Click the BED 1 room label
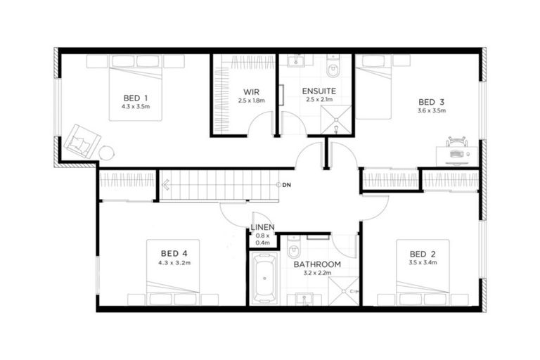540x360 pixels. tap(136, 97)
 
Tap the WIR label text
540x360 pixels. tap(252, 92)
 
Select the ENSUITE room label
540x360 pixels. tap(319, 91)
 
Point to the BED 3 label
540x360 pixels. tap(431, 101)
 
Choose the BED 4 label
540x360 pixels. tap(174, 253)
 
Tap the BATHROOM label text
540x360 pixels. tap(317, 264)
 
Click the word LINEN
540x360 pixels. tap(262, 227)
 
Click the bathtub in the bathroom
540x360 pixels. tap(264, 278)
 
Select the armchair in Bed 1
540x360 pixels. tap(78, 141)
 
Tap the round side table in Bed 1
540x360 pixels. tap(106, 153)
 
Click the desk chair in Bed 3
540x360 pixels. tap(456, 143)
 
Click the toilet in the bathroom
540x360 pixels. tap(295, 250)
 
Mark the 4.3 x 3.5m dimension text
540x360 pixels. tap(136, 107)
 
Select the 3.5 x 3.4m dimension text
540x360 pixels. tap(422, 263)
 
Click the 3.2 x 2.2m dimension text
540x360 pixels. tap(317, 274)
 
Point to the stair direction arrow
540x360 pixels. tap(166, 186)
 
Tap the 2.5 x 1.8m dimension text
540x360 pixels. tap(252, 101)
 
